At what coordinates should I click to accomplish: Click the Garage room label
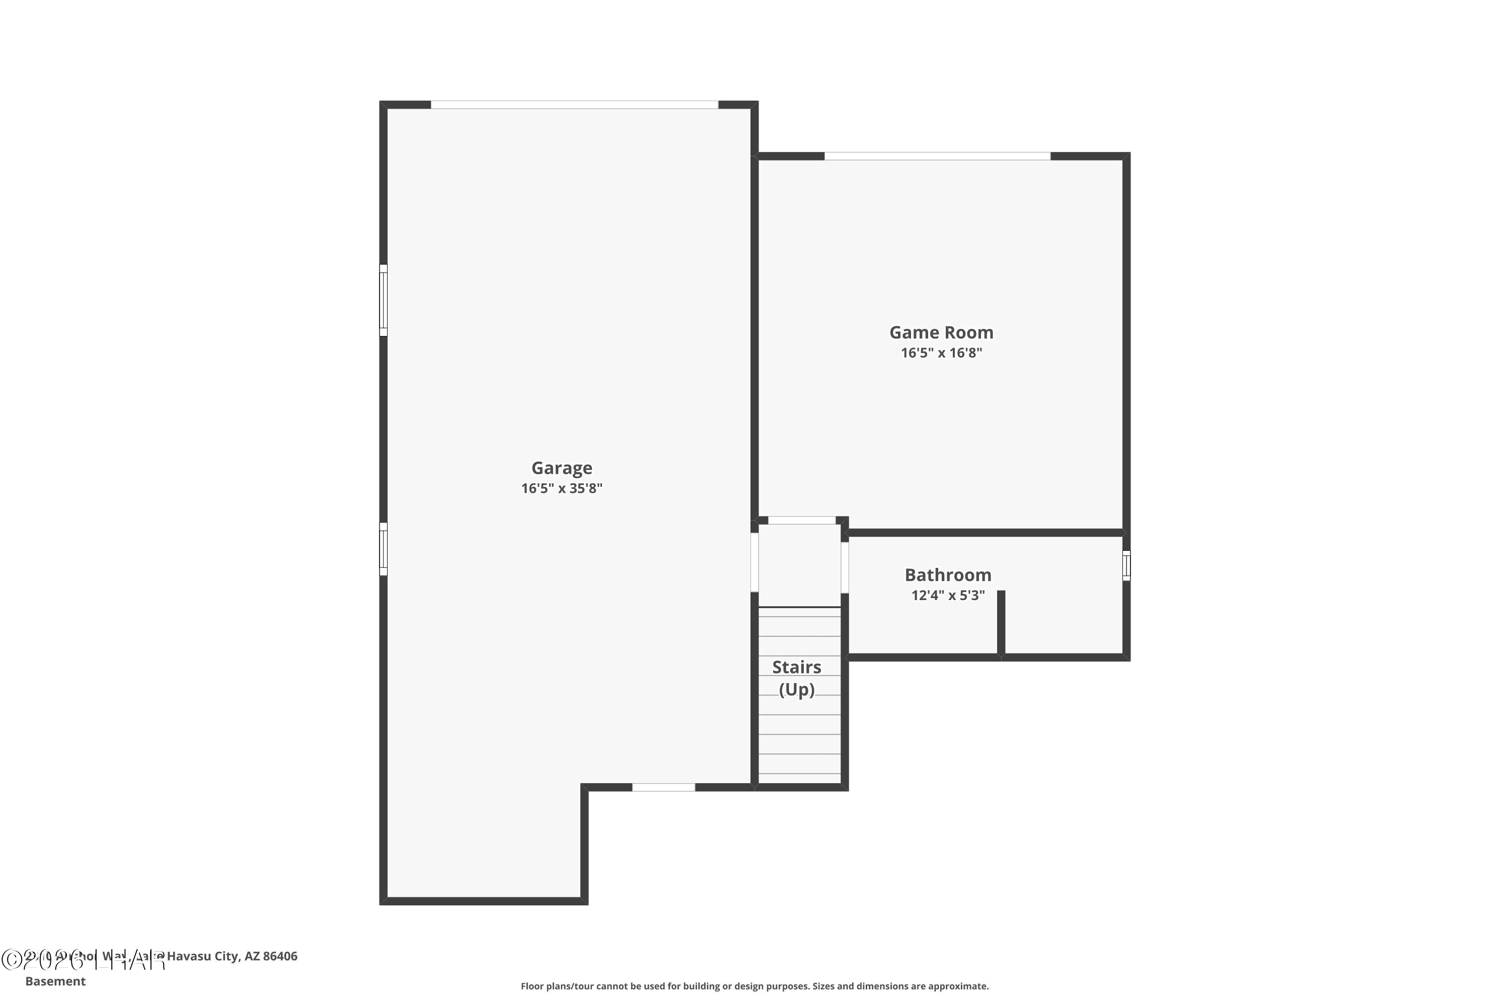point(561,468)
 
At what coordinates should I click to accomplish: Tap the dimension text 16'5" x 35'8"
point(561,488)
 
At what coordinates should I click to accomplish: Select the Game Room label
point(941,332)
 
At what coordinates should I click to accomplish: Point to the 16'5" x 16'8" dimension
point(941,353)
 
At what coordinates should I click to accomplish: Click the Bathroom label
point(948,575)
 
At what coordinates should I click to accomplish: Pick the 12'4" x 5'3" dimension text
point(948,596)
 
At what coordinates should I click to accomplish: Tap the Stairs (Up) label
point(796,678)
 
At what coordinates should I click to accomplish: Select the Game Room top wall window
point(937,156)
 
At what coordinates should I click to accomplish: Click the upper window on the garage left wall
point(383,300)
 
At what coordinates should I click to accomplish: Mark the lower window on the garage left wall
point(383,549)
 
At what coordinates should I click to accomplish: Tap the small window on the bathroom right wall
point(1126,566)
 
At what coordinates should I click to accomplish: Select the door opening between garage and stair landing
point(754,562)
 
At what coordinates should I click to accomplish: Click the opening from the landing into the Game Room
point(802,520)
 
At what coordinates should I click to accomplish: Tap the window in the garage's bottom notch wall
point(663,787)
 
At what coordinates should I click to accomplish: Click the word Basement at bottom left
point(55,981)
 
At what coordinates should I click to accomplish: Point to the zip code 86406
point(280,956)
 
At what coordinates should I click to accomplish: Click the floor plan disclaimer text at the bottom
point(754,986)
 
